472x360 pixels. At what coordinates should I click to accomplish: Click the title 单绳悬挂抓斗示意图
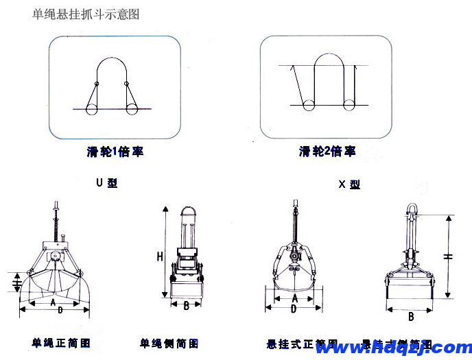point(85,14)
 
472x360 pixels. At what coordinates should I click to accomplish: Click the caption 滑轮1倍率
point(110,152)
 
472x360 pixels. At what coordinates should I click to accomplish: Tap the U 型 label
point(107,184)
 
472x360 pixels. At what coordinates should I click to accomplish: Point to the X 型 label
point(350,184)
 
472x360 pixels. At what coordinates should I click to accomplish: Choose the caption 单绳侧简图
point(169,343)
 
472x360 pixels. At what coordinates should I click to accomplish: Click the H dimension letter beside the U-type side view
point(159,257)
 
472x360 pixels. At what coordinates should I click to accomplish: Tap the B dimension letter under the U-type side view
point(187,306)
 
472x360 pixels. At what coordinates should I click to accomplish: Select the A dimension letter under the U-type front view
point(53,301)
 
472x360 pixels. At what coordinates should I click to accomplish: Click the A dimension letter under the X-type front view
point(294,299)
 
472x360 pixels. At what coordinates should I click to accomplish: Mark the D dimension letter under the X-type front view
point(293,309)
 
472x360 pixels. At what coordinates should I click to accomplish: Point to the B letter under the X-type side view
point(411,317)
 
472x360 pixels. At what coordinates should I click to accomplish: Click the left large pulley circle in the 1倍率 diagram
point(91,108)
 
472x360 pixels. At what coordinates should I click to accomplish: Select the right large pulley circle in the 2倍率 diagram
point(350,105)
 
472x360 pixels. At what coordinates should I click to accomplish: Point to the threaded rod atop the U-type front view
point(56,219)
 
